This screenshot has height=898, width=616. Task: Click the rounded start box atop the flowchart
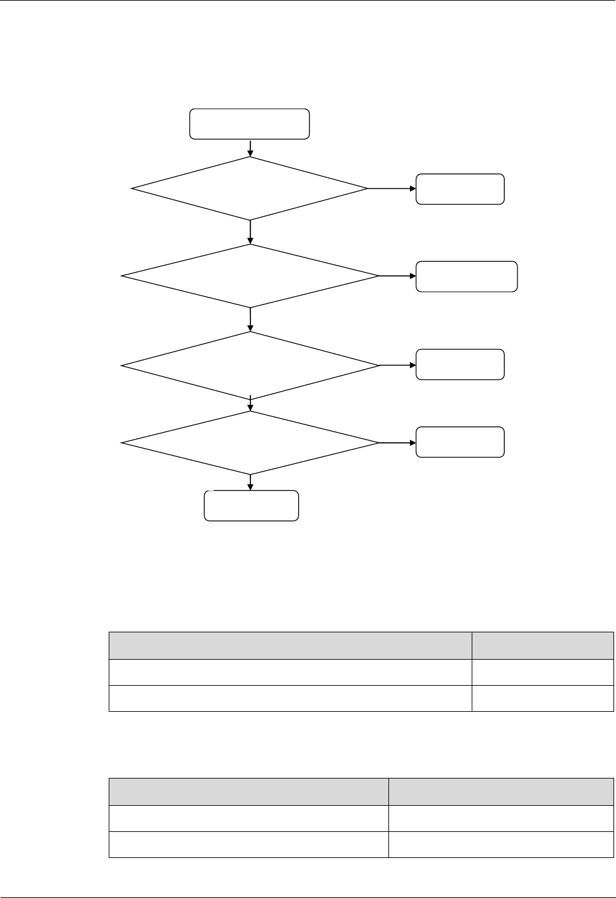tap(250, 124)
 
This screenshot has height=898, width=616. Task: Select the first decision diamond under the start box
tap(250, 189)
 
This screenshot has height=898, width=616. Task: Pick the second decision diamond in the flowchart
tap(250, 276)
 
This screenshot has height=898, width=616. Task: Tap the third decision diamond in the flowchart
tap(250, 365)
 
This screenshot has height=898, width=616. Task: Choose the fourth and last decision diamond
tap(250, 443)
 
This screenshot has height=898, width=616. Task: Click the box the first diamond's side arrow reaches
tap(460, 189)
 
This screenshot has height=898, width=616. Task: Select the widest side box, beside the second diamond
tap(467, 276)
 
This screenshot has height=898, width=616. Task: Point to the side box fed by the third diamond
tap(460, 365)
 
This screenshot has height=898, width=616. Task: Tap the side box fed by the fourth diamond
tap(460, 442)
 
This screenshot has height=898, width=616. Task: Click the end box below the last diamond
tap(251, 506)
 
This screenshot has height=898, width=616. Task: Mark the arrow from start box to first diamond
tap(250, 147)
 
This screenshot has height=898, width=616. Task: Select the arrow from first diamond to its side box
tap(392, 189)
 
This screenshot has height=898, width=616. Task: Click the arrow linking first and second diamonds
tap(250, 232)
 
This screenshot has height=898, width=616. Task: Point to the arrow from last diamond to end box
tap(250, 482)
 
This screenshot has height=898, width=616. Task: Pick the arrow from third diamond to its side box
tap(397, 365)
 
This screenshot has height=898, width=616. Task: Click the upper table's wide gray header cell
tap(291, 646)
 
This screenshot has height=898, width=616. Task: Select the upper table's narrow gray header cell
tap(542, 646)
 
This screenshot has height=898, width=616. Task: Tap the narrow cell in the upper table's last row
tap(542, 698)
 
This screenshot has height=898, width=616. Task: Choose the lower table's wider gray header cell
tap(249, 792)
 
